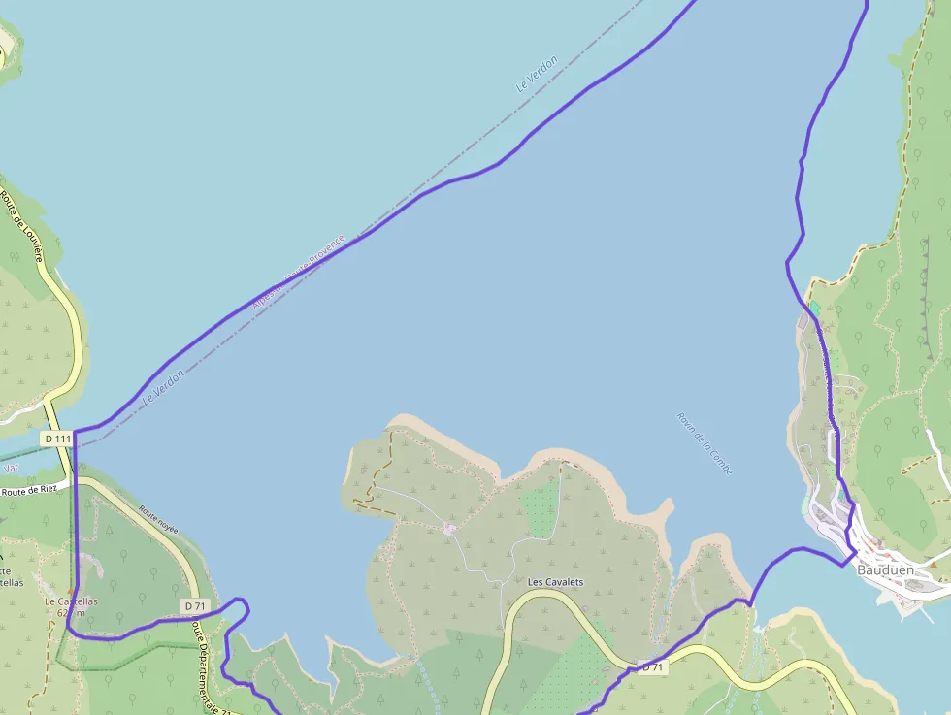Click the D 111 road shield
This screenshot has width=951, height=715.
click(57, 439)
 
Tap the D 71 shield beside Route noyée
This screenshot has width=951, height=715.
click(195, 605)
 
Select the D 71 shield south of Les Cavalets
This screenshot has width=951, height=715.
click(652, 666)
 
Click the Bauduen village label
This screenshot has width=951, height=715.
click(885, 570)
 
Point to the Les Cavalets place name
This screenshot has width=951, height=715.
click(555, 581)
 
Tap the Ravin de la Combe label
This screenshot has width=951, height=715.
click(705, 443)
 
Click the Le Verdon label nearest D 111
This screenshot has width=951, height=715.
click(163, 386)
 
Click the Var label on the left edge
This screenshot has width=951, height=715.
click(11, 468)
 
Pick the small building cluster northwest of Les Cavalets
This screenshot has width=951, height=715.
click(448, 528)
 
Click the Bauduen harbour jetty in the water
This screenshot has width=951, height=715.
click(912, 607)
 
